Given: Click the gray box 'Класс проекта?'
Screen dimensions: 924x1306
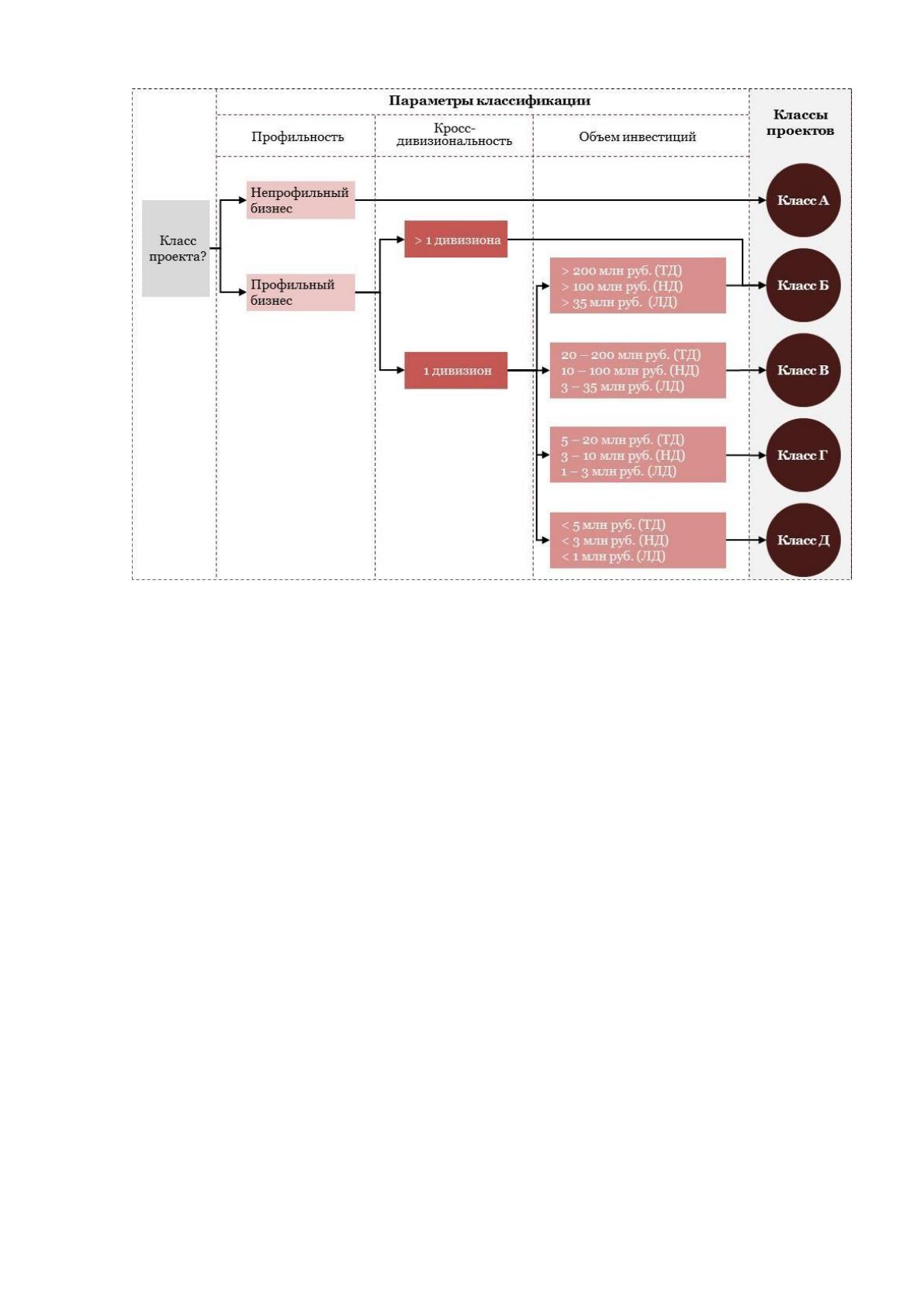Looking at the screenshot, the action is pos(175,248).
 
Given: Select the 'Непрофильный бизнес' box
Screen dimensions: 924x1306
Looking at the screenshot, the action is pos(300,200).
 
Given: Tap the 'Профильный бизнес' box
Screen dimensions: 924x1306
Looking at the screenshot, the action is pos(300,292).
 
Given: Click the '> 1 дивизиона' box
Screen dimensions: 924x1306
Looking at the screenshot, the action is pos(455,239).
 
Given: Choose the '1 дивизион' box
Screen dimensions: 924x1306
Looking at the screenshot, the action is pos(455,370).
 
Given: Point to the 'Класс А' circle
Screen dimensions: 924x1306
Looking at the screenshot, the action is pos(803,200).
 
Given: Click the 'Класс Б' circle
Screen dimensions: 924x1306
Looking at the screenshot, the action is pos(803,285).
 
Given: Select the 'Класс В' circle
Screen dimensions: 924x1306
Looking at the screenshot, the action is pos(803,370).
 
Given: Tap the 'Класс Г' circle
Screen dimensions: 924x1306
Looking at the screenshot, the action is pos(803,454).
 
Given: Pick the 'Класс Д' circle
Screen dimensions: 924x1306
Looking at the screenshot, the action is pos(803,540).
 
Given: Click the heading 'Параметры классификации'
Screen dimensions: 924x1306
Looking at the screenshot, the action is pos(490,101).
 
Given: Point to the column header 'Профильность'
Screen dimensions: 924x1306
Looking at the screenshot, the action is pos(297,137).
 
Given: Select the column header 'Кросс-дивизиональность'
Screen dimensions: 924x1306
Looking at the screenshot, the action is pos(454,135).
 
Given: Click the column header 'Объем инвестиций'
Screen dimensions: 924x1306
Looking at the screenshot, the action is pos(637,137).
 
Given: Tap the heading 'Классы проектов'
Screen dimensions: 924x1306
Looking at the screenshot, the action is pos(800,123).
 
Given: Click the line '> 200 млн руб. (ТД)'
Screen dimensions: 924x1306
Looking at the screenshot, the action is pos(621,271).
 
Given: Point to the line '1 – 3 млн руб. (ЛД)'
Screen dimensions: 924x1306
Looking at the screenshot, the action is pos(618,471).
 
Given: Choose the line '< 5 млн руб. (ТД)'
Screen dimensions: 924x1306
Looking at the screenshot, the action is pos(613,525).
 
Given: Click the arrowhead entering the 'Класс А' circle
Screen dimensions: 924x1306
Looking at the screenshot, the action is pos(762,200).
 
